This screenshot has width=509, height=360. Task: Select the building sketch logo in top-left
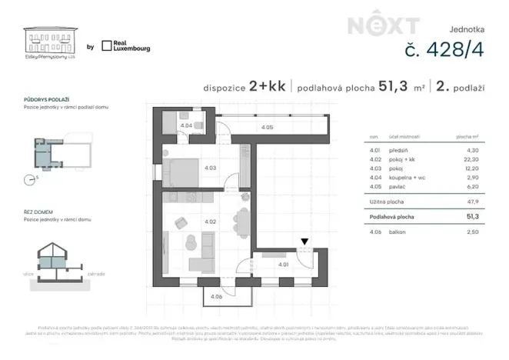click(50, 40)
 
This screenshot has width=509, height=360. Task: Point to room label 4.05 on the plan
click(266, 127)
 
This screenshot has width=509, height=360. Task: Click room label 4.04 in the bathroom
click(185, 125)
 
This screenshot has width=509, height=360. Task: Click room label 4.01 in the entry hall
click(284, 265)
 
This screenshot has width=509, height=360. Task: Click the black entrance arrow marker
click(305, 242)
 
